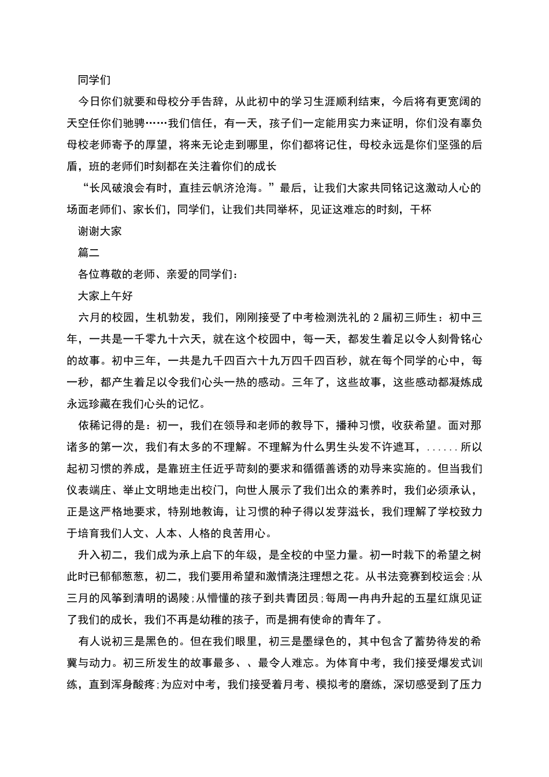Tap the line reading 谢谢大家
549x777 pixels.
click(x=100, y=231)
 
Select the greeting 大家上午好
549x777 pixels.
click(x=106, y=295)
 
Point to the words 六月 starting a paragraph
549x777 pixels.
click(x=89, y=317)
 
